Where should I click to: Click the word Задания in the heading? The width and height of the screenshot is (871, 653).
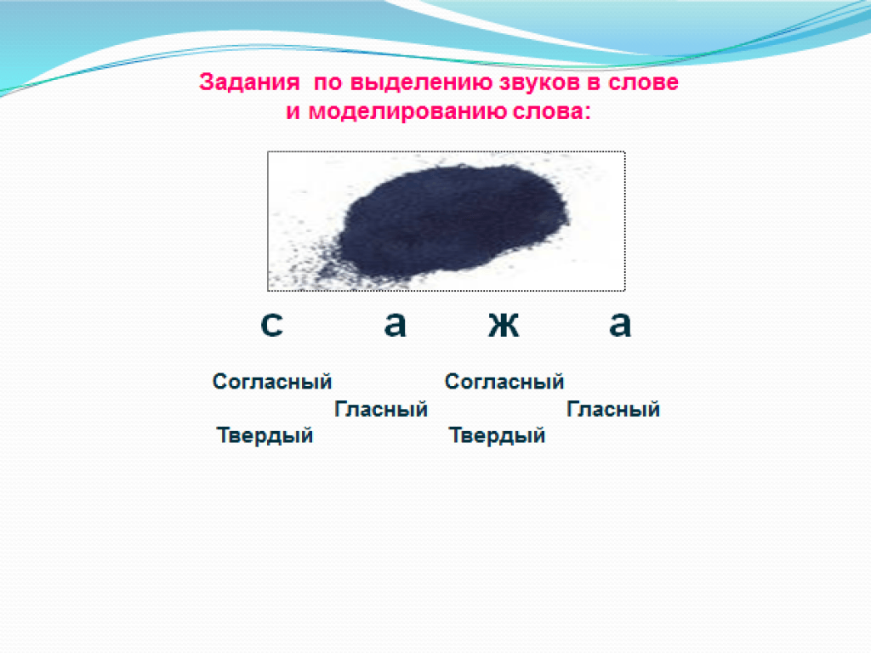point(249,82)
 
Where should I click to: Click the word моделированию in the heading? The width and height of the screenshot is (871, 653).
point(407,112)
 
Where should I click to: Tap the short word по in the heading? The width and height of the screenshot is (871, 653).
point(327,82)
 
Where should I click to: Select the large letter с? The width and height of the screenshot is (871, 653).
point(271,324)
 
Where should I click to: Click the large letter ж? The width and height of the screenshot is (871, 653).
point(504,324)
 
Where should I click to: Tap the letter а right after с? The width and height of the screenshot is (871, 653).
point(395,324)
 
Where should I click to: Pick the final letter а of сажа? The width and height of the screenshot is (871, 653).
point(620,324)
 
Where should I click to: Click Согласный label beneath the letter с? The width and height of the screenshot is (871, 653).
point(272,382)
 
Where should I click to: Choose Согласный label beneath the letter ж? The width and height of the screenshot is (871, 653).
point(504,382)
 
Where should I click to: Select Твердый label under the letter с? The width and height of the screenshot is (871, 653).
point(265,435)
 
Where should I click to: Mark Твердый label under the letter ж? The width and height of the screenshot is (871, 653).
point(497,435)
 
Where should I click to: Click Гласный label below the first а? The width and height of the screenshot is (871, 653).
point(381,409)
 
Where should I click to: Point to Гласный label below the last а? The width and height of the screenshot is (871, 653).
point(613,409)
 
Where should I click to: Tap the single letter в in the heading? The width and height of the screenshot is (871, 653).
point(594,82)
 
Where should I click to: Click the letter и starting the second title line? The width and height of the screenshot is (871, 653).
point(293,112)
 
